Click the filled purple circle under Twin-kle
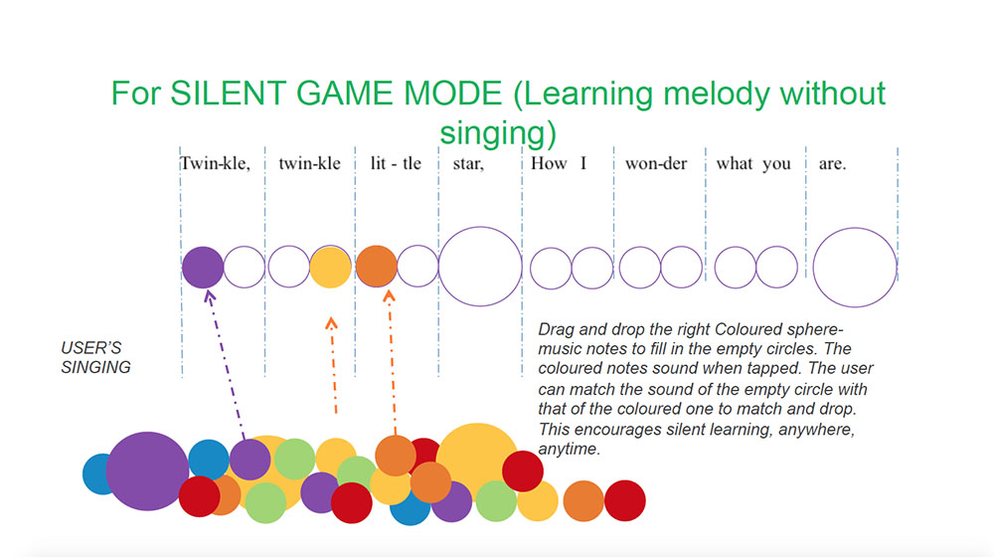[x=203, y=267]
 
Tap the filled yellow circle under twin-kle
[x=330, y=267]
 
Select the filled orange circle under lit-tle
[x=377, y=267]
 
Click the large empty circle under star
[x=480, y=267]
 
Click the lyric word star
[x=468, y=164]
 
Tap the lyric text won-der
[x=656, y=164]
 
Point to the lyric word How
[x=549, y=164]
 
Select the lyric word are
[x=832, y=164]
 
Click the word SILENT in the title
[x=228, y=93]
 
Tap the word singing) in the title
[x=498, y=133]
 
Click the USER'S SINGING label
[x=95, y=358]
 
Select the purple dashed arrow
[x=226, y=365]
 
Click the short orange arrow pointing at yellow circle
[x=333, y=366]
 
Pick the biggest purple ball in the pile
[x=147, y=471]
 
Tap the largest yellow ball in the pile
[x=477, y=463]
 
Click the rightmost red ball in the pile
[x=625, y=501]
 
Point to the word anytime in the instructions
[x=569, y=450]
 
